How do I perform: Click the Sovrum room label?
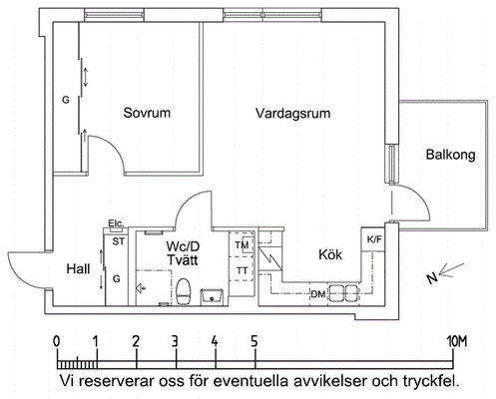147,113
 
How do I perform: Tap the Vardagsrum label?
292,114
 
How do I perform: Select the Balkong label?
451,155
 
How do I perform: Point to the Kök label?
330,254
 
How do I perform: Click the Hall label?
78,268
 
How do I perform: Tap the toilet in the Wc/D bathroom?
183,292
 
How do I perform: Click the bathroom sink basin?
212,296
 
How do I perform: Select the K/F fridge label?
374,239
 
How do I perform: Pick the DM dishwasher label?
318,294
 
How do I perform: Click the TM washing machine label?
242,245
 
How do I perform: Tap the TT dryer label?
242,271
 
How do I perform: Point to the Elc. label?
116,223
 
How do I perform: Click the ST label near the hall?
119,241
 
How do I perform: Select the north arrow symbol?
446,272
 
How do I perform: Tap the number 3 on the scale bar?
175,341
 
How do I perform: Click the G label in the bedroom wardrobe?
66,100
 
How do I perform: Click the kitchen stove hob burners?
344,293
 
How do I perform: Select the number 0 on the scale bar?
57,341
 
